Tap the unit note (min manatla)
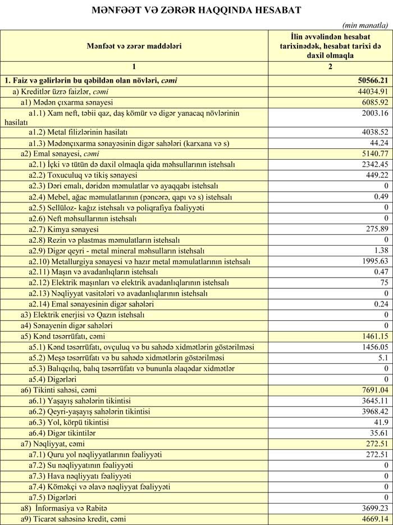(x=365, y=25)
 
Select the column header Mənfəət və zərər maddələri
(x=134, y=45)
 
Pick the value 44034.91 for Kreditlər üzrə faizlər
(x=369, y=91)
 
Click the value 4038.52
(x=373, y=133)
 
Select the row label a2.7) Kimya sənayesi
(x=63, y=229)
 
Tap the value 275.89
(x=375, y=229)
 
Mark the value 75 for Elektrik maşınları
(x=383, y=283)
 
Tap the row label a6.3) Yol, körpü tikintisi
(x=69, y=422)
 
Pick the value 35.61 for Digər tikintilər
(x=378, y=433)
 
